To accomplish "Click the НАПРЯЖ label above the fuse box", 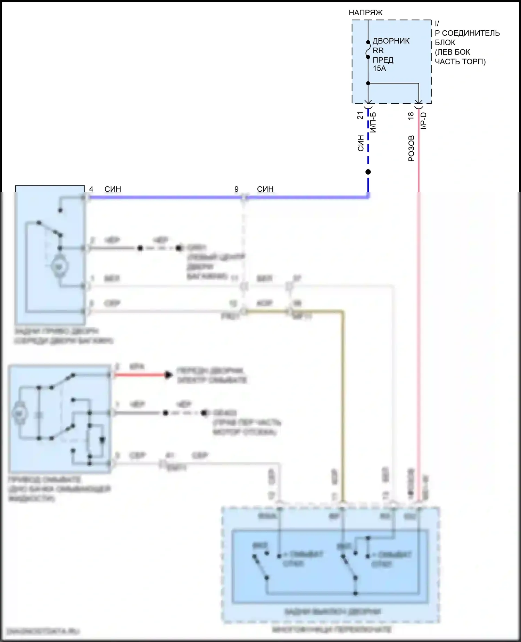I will pyautogui.click(x=365, y=13).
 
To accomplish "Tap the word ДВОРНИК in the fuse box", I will pyautogui.click(x=391, y=41).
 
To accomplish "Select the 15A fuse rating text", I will pyautogui.click(x=379, y=69).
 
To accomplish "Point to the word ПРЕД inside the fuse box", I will pyautogui.click(x=383, y=60).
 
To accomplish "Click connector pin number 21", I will pyautogui.click(x=360, y=115).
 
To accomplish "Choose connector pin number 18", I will pyautogui.click(x=411, y=115).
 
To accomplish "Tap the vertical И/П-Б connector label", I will pyautogui.click(x=373, y=122).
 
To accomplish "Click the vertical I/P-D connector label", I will pyautogui.click(x=424, y=121).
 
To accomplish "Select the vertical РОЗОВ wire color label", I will pyautogui.click(x=411, y=149).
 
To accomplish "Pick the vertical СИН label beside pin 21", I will pyautogui.click(x=361, y=143).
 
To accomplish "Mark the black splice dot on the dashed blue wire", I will pyautogui.click(x=368, y=172).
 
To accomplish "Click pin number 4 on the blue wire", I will pyautogui.click(x=91, y=189).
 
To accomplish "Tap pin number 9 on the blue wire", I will pyautogui.click(x=237, y=189).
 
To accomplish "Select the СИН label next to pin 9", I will pyautogui.click(x=265, y=189).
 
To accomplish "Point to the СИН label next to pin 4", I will pyautogui.click(x=113, y=189).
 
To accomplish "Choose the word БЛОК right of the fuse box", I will pyautogui.click(x=445, y=43).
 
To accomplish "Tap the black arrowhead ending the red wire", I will pyautogui.click(x=168, y=375).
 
